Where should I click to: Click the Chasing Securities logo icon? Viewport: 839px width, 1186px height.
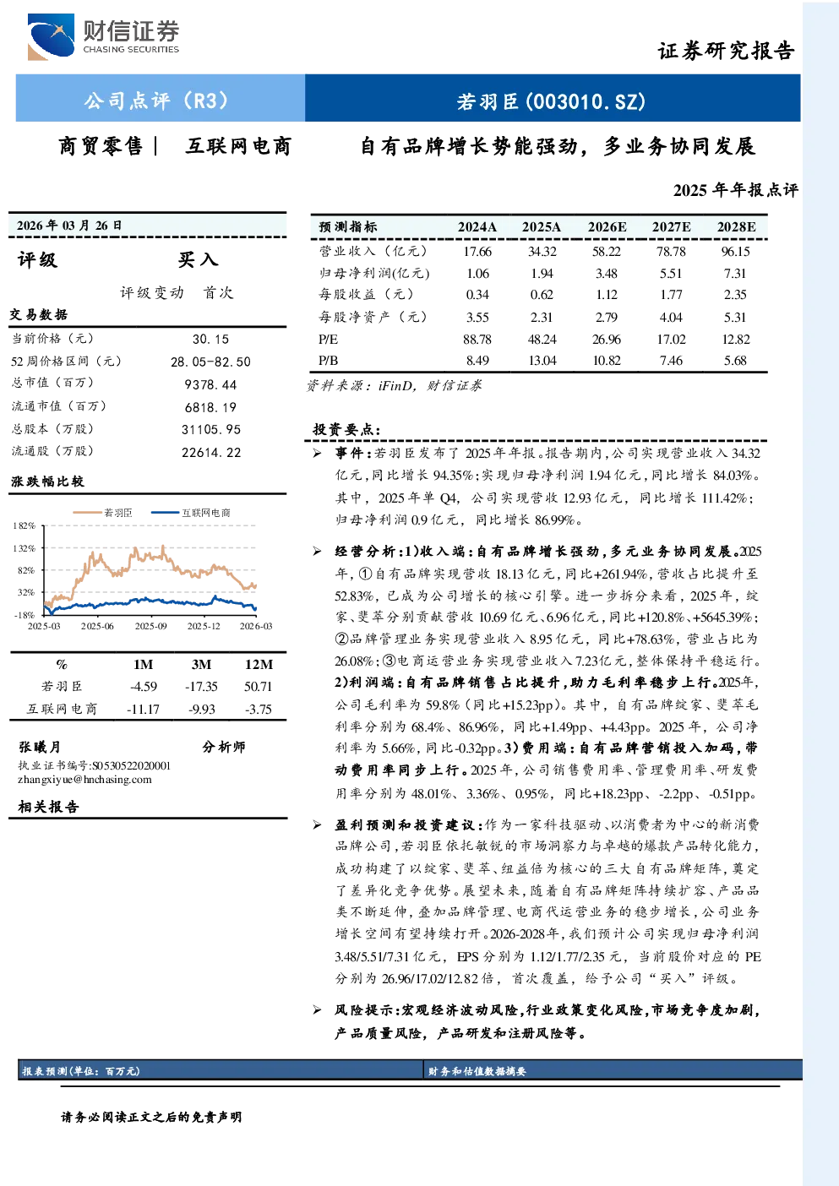tap(51, 36)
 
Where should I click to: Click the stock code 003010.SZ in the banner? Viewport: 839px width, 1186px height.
tap(586, 101)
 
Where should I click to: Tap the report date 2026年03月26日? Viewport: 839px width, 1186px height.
tap(69, 225)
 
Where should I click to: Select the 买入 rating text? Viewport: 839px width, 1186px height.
tap(198, 259)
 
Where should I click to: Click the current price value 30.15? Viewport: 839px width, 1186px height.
tap(211, 339)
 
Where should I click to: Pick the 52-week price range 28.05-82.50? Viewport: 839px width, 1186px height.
tap(210, 362)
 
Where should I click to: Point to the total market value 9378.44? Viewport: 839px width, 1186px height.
tap(210, 384)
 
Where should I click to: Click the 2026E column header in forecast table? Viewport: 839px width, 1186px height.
tap(607, 226)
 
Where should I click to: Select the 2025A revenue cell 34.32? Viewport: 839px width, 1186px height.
tap(542, 251)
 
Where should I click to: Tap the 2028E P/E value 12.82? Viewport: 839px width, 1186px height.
tap(736, 339)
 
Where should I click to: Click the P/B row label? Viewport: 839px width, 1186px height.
tap(328, 361)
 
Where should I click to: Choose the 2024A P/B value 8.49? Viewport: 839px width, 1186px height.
tap(477, 361)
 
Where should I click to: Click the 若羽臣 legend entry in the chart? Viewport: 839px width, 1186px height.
tap(103, 512)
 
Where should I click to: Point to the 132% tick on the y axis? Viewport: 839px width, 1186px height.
tap(25, 548)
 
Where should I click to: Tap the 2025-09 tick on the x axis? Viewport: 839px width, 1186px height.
tap(150, 626)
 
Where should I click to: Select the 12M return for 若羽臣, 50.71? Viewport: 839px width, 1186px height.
tap(258, 686)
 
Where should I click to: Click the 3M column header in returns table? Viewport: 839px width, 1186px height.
tap(201, 664)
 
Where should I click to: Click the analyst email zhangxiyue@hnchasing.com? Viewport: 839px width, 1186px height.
tap(84, 780)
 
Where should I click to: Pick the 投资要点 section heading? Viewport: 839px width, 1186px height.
tap(346, 429)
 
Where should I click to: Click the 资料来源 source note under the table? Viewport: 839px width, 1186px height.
tap(394, 385)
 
